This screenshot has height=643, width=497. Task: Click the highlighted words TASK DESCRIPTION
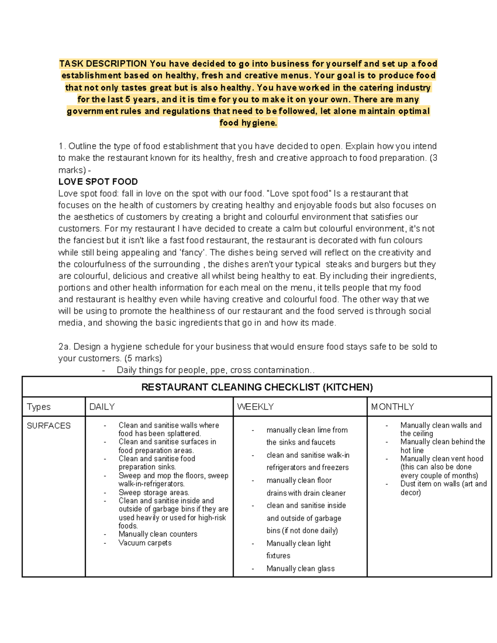click(103, 64)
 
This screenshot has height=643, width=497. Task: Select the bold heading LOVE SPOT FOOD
click(98, 182)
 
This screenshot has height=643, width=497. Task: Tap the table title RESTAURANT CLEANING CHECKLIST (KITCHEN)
click(257, 387)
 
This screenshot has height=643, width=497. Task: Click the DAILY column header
click(102, 407)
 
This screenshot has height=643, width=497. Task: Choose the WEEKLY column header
click(255, 407)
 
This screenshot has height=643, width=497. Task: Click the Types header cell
click(39, 407)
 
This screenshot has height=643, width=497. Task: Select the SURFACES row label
click(48, 426)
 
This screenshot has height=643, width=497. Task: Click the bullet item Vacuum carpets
click(145, 543)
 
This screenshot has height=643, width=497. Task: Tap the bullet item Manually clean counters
click(158, 534)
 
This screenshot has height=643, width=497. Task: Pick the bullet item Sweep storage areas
click(154, 492)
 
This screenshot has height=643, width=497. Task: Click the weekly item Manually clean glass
click(300, 568)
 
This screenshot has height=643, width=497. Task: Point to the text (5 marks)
click(143, 358)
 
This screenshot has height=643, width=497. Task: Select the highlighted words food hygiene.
click(248, 123)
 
